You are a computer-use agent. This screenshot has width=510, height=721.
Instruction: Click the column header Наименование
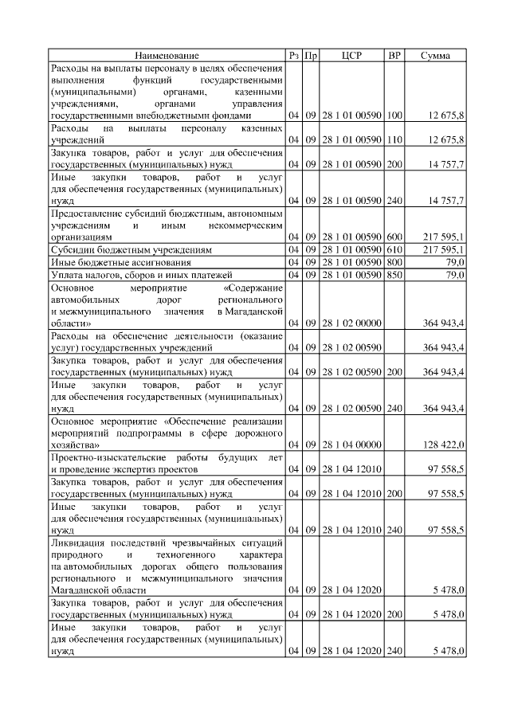(167, 56)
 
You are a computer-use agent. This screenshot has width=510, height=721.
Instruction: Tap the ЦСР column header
(351, 56)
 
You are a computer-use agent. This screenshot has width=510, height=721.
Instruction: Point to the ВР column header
(394, 56)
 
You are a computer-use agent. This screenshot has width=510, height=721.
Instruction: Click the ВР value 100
(394, 116)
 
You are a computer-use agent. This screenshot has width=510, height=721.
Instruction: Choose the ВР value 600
(394, 237)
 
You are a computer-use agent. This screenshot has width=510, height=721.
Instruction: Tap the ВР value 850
(394, 275)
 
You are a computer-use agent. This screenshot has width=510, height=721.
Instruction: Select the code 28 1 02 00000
(351, 323)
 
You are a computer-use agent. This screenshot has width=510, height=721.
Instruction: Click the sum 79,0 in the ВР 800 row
(455, 263)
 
